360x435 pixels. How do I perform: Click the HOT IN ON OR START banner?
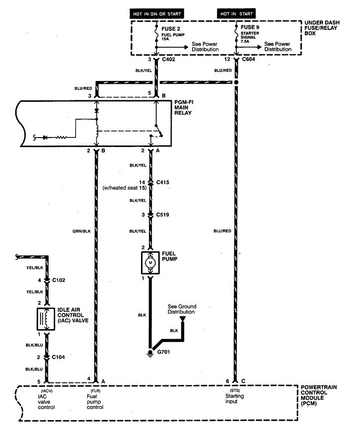[157, 13]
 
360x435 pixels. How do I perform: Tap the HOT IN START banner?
[236, 13]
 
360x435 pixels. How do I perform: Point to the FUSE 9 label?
[250, 27]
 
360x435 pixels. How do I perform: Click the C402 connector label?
[169, 60]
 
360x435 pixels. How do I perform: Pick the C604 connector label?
[248, 60]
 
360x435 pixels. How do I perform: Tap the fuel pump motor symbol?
[150, 263]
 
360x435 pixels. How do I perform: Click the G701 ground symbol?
[150, 353]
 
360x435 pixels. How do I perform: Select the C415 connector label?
[162, 182]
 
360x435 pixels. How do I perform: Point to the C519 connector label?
[162, 215]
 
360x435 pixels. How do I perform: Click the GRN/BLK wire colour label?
[81, 231]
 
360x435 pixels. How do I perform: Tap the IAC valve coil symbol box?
[46, 319]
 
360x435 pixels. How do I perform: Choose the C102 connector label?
[59, 280]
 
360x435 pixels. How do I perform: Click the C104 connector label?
[58, 358]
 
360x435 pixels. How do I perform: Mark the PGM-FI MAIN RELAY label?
[184, 107]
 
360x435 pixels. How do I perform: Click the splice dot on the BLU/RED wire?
[236, 82]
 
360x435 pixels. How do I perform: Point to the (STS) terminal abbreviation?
[235, 390]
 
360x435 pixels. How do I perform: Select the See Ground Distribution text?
[182, 309]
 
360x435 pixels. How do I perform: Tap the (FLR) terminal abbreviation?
[95, 391]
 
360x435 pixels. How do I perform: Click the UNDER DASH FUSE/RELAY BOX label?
[322, 28]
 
